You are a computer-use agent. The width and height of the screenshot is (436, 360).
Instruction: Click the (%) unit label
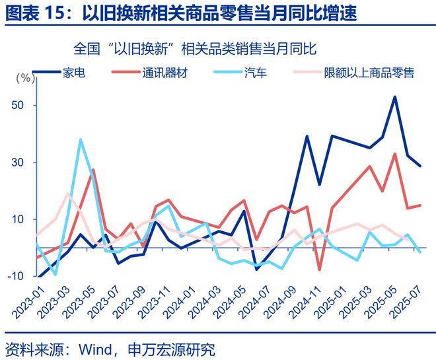(x=24, y=78)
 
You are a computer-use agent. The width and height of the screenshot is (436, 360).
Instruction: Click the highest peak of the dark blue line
(x=394, y=97)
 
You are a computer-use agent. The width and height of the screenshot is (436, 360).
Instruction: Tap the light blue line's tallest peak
(x=81, y=139)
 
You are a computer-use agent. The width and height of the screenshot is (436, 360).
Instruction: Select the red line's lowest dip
(x=320, y=270)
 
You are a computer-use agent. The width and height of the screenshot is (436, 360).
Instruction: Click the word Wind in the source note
(x=92, y=348)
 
